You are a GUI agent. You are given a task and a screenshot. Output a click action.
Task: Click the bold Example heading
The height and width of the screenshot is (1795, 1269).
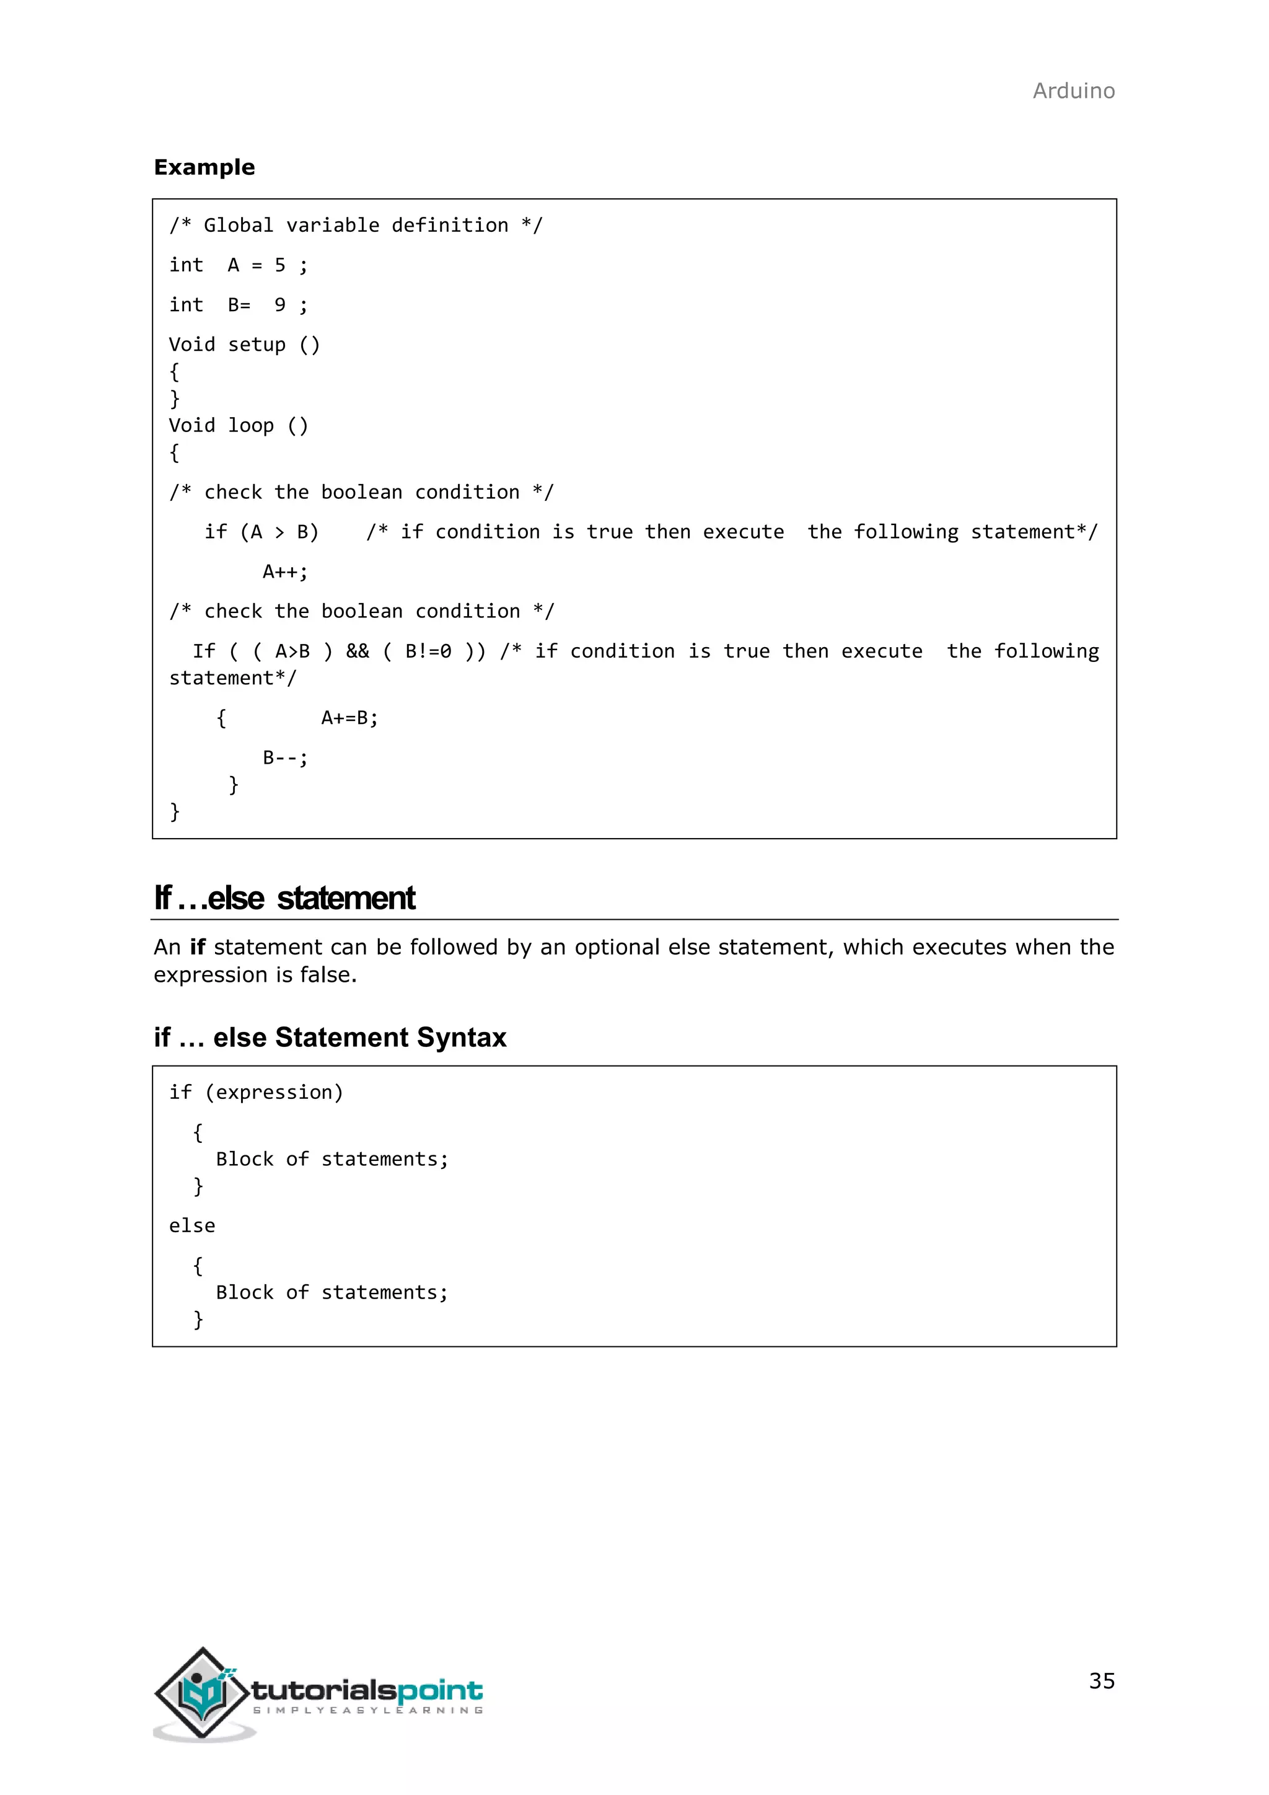(x=204, y=167)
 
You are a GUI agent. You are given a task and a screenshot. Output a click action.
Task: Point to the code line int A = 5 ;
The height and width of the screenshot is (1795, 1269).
(x=239, y=266)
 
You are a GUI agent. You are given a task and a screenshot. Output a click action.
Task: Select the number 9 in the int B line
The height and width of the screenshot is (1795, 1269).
(x=279, y=306)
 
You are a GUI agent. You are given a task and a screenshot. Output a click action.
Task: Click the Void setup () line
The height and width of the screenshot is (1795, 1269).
(x=244, y=345)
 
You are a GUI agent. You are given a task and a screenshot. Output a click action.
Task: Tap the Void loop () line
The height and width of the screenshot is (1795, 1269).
(x=239, y=426)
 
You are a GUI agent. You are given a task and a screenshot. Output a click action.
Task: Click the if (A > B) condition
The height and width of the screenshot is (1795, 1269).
(x=261, y=532)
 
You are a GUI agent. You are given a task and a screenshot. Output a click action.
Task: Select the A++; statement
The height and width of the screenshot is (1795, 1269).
(x=285, y=572)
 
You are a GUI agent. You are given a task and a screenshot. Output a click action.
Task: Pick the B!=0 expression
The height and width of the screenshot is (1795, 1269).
(x=428, y=651)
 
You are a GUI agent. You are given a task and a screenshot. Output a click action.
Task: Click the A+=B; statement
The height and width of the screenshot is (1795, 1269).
(x=349, y=718)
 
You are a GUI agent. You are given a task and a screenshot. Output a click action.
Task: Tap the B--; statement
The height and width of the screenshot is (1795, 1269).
(x=285, y=758)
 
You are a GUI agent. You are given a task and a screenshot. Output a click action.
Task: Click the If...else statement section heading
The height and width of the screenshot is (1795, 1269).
(x=284, y=898)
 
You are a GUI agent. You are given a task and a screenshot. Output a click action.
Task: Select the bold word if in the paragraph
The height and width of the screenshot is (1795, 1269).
(x=198, y=948)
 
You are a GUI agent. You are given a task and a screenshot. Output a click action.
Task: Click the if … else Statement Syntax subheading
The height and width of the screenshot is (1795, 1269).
(x=330, y=1038)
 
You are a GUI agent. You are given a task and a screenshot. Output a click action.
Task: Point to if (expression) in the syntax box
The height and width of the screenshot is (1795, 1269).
(x=255, y=1093)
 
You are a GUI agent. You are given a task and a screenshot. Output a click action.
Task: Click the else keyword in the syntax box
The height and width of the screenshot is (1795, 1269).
(x=191, y=1226)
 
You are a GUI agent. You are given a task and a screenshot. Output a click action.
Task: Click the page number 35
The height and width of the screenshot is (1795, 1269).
(x=1101, y=1681)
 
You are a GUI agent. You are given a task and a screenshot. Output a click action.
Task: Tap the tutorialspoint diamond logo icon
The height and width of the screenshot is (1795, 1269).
(x=203, y=1693)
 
